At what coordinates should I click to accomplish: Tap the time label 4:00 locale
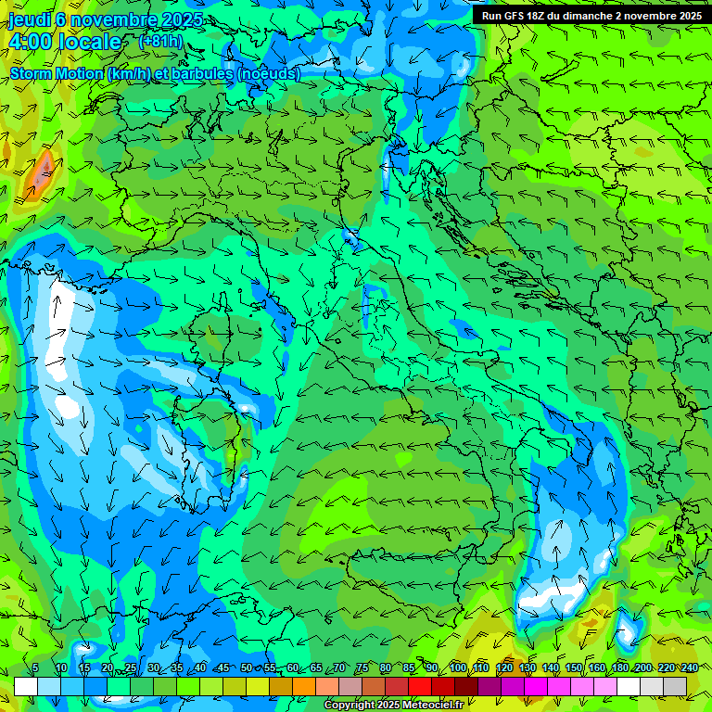(65, 42)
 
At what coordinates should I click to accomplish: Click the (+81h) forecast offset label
(160, 41)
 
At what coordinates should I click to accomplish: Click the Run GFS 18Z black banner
(591, 16)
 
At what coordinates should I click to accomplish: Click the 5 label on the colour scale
(35, 667)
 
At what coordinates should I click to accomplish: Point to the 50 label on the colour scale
(246, 667)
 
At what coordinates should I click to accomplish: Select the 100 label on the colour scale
(458, 667)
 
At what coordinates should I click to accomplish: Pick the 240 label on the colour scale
(689, 667)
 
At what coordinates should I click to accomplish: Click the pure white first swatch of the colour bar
(26, 686)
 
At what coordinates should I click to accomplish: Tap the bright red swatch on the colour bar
(420, 686)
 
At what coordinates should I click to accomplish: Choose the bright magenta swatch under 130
(536, 686)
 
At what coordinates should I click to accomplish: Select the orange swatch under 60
(281, 686)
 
